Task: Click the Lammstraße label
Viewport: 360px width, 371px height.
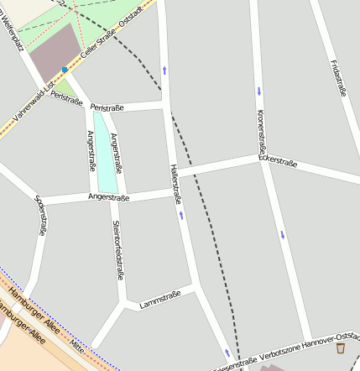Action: tap(160, 299)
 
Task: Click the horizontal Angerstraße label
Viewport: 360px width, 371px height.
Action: tap(108, 198)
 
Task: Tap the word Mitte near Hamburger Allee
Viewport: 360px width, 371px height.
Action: tap(77, 345)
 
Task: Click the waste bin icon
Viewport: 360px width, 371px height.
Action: tap(341, 348)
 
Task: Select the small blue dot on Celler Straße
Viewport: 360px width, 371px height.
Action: tap(65, 70)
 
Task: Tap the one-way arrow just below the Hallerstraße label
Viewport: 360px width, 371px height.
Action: tap(181, 215)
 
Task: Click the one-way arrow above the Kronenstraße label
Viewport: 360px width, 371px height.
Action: tap(259, 90)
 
